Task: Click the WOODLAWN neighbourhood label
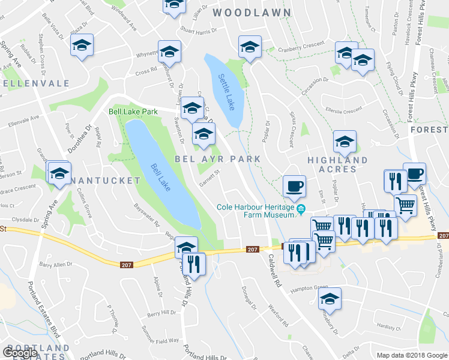point(252,13)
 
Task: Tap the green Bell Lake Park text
point(133,112)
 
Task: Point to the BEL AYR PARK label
point(218,159)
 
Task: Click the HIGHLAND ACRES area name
point(337,164)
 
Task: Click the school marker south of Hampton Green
point(330,298)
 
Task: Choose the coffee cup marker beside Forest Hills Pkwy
point(414,173)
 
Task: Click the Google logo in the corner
point(20,353)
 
